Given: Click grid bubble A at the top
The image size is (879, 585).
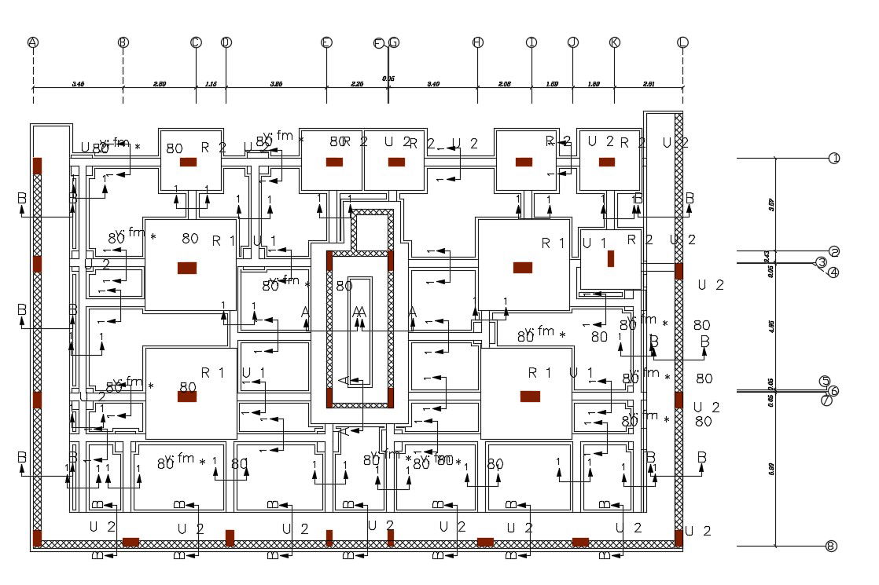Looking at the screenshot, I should tap(32, 42).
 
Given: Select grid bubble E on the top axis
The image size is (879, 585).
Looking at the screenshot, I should tap(326, 42).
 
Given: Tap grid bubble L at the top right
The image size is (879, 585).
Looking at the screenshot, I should tap(682, 42).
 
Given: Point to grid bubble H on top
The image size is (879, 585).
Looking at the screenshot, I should tap(477, 42).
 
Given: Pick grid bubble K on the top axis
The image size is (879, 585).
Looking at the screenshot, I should tap(614, 42).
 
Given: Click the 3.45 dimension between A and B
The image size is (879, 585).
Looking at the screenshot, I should tap(78, 82).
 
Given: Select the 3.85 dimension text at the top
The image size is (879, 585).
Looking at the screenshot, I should tap(276, 82).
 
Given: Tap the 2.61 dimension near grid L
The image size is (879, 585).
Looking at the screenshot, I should tap(649, 82).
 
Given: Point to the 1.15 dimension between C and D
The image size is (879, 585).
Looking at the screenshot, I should tap(211, 82).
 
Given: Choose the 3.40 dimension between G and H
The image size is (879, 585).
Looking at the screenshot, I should tap(433, 82).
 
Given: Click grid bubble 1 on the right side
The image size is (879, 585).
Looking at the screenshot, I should tap(834, 159).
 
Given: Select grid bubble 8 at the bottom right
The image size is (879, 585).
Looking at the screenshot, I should tap(831, 547).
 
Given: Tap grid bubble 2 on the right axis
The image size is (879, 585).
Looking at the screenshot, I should tap(834, 252).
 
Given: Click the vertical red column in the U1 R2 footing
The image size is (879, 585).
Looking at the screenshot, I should tap(610, 258).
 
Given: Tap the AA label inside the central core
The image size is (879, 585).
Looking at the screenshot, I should tap(359, 313).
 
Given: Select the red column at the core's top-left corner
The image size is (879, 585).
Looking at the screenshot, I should tap(329, 261).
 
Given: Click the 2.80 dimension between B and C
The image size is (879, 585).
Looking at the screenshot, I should tap(160, 82).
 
